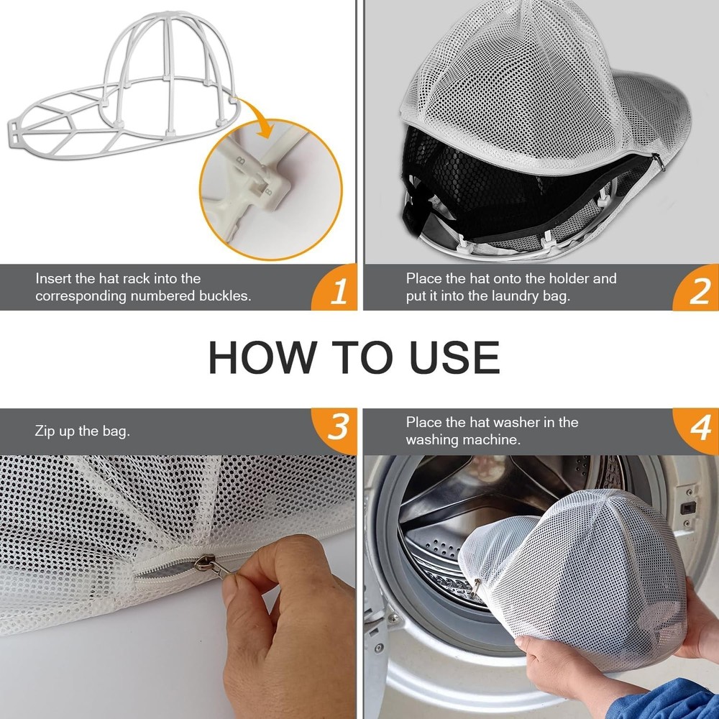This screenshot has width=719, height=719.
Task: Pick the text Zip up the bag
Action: [82, 431]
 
